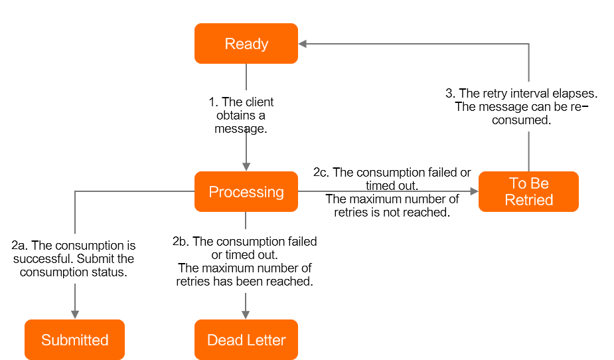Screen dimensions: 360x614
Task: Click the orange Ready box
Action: click(246, 44)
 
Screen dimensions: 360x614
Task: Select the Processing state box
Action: click(246, 192)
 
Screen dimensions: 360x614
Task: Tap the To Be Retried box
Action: click(528, 192)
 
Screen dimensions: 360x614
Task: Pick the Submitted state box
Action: click(74, 340)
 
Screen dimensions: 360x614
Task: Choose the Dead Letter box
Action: click(246, 340)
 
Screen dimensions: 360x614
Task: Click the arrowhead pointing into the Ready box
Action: click(303, 44)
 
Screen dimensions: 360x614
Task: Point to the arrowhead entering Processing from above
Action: click(246, 167)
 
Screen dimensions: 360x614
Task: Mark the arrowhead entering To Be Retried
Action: click(474, 191)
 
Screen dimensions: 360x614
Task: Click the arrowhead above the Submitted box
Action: click(75, 314)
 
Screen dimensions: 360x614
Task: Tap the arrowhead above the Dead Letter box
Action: click(246, 314)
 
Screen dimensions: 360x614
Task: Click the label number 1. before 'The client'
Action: click(213, 102)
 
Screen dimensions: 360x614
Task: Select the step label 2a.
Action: click(20, 246)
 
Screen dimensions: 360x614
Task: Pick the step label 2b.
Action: click(181, 242)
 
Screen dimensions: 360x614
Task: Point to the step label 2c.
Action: click(321, 173)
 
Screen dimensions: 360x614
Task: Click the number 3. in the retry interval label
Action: click(450, 94)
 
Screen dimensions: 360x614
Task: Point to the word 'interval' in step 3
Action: click(528, 94)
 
